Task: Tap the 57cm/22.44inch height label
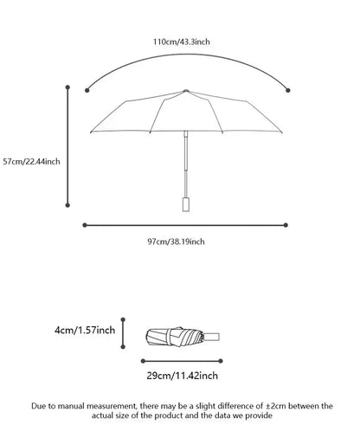[31, 160]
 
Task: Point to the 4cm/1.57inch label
[84, 331]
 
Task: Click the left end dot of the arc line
[87, 88]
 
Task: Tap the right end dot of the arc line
[287, 87]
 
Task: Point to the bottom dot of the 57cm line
[68, 206]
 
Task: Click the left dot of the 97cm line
[85, 225]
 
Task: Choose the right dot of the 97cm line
[289, 225]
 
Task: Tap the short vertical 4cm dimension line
[124, 331]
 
